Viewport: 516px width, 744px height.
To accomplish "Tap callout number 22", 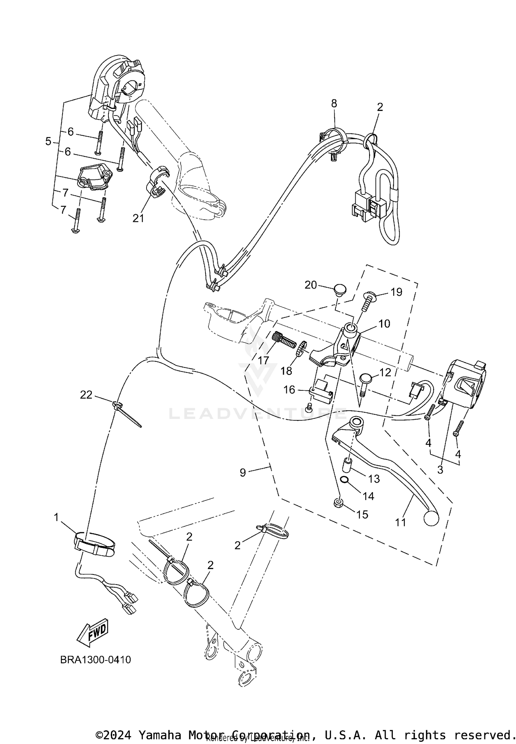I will click(x=86, y=395).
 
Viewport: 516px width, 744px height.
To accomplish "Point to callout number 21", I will click(x=138, y=218).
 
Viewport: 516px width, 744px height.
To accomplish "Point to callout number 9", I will click(x=243, y=473).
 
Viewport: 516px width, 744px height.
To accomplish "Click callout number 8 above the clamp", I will click(x=334, y=103).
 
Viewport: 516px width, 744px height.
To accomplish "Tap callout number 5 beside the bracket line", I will click(x=48, y=141).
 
